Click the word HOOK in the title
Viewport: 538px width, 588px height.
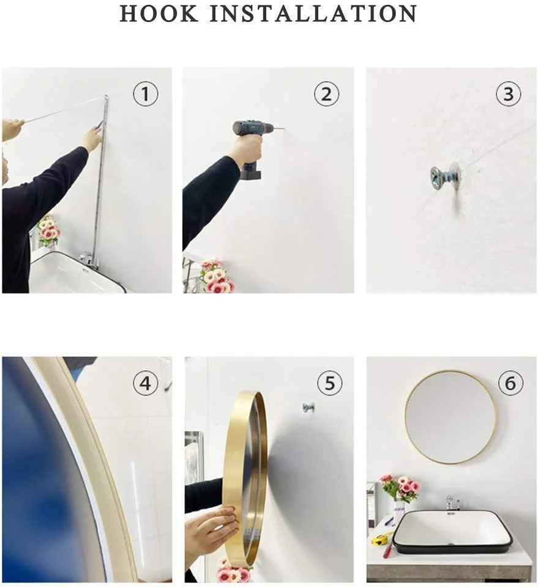(x=159, y=14)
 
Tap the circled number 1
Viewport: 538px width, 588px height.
(x=146, y=94)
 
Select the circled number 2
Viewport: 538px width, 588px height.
(x=327, y=94)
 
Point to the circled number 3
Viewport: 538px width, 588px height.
(x=509, y=94)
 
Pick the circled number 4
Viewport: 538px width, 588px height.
(x=146, y=383)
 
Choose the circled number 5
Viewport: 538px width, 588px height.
(x=329, y=383)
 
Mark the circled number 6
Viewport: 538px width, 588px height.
(x=510, y=383)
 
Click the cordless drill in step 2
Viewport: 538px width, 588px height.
(x=251, y=146)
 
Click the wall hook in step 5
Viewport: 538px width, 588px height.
(x=308, y=408)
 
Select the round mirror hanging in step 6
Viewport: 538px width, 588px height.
(x=450, y=417)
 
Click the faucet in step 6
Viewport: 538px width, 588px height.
(x=452, y=502)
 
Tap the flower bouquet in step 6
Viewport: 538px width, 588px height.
(x=400, y=488)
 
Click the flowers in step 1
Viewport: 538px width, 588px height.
(x=49, y=229)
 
